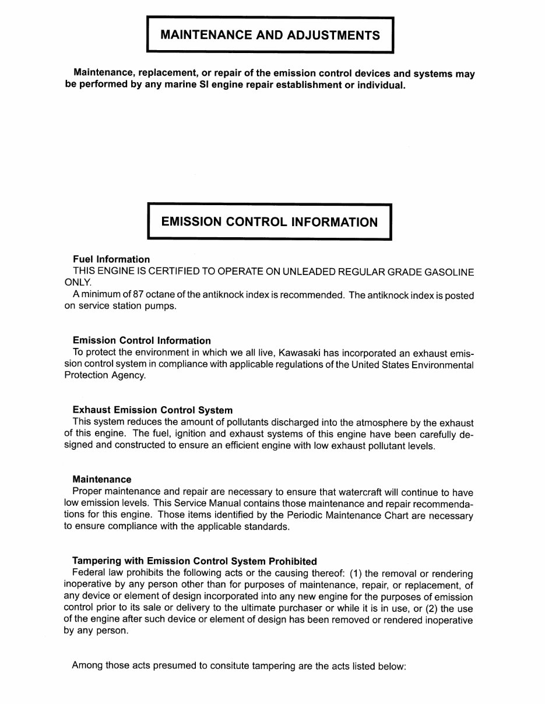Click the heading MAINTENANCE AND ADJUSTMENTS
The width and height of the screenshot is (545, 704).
[270, 35]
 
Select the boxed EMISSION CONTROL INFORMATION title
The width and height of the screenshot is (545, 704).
[269, 222]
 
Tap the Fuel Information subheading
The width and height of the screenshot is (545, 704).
[111, 259]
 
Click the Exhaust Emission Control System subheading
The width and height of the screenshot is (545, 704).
[153, 410]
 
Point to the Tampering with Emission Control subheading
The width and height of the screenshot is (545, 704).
[195, 562]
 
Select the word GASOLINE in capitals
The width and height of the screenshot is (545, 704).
[449, 272]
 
